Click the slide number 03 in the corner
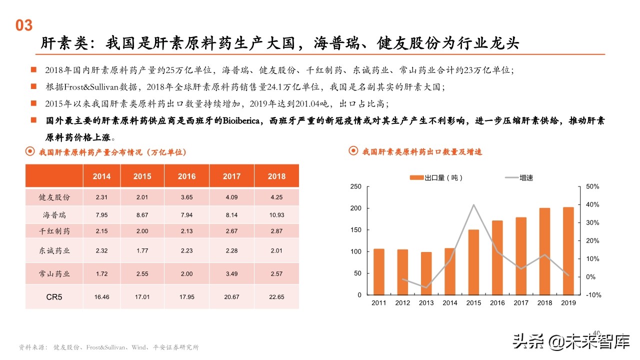(24, 25)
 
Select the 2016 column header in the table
(187, 176)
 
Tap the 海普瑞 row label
(54, 215)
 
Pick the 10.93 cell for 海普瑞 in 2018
(276, 215)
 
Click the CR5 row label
(54, 297)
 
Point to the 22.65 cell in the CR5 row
(276, 297)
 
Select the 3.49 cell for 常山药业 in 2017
(231, 274)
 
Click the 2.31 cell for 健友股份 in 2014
(101, 197)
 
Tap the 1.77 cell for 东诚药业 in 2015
(142, 251)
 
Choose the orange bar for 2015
(473, 262)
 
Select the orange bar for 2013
(426, 273)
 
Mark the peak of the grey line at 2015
(473, 204)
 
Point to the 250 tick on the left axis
(355, 186)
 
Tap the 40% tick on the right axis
(592, 205)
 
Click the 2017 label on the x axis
(521, 303)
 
